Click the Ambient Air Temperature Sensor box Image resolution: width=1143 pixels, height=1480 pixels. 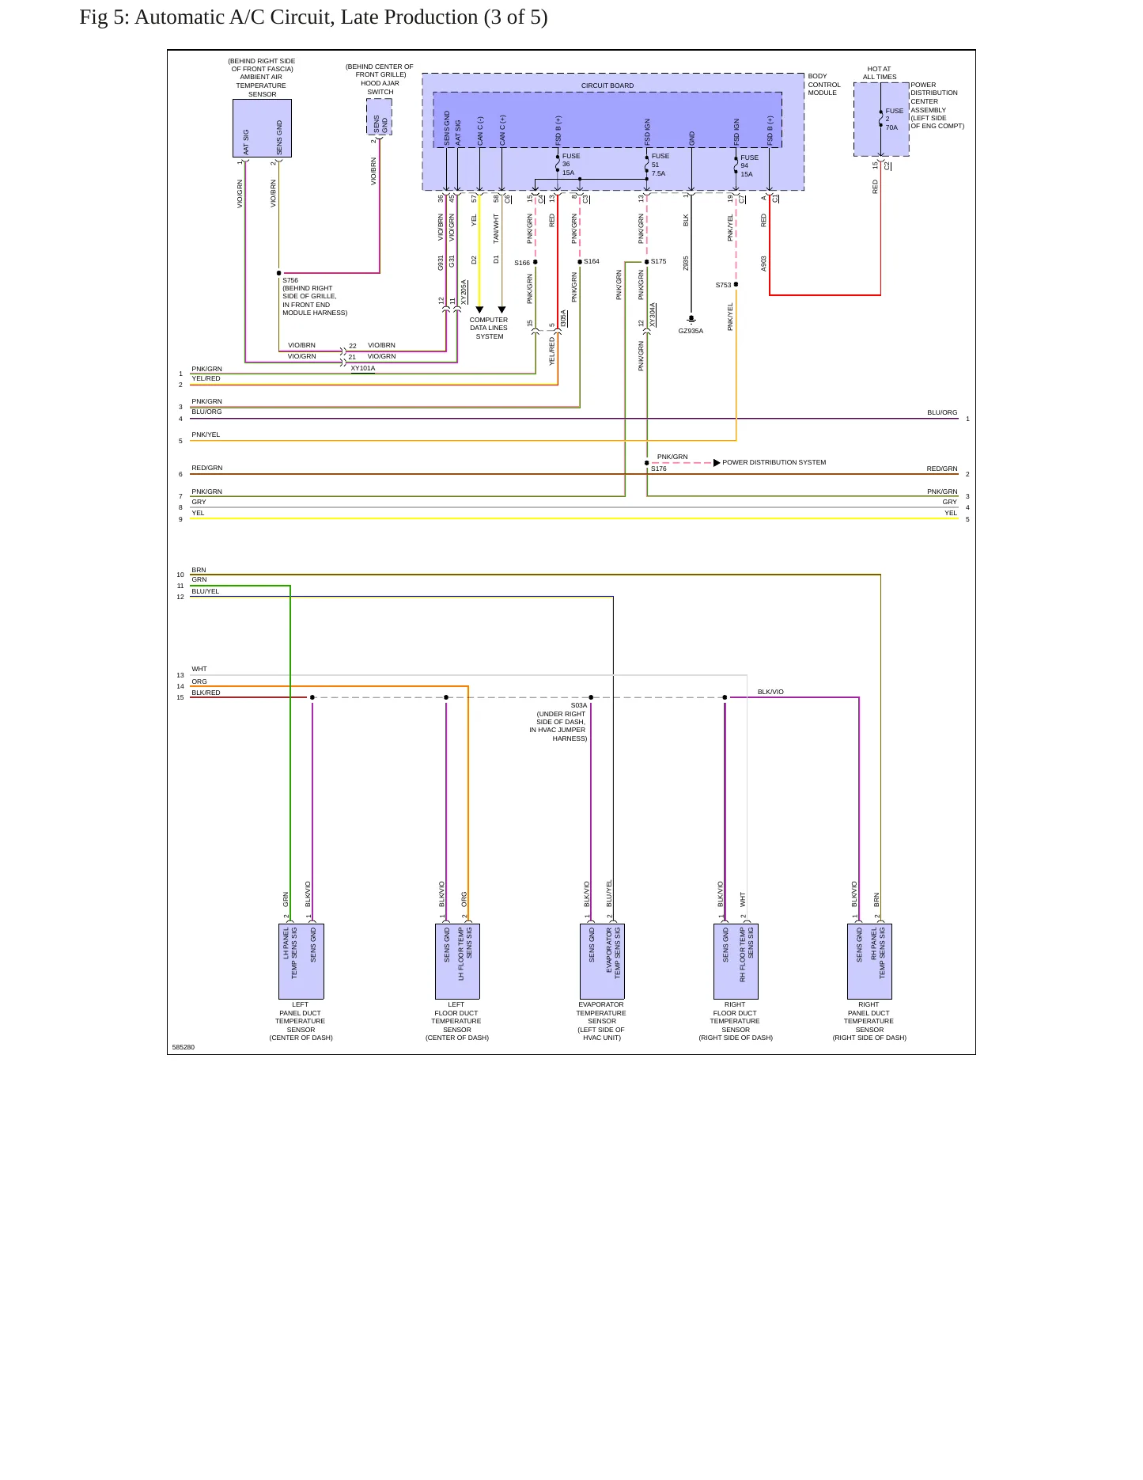262,128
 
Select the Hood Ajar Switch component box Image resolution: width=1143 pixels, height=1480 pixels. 380,117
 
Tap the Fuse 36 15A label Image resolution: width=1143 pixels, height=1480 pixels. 570,165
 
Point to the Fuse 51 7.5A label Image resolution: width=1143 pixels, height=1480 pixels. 659,165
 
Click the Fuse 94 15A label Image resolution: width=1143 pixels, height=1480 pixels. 748,165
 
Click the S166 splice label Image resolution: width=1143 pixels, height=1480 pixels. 522,263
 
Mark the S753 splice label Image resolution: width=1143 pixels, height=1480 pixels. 723,285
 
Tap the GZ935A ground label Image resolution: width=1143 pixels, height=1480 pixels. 691,331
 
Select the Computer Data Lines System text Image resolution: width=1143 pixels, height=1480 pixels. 489,328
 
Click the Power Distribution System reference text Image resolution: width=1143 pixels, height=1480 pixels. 774,462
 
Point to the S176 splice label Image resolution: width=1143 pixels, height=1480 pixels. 659,469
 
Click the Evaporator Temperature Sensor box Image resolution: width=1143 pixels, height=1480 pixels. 602,962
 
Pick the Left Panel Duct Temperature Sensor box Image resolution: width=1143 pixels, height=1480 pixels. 301,962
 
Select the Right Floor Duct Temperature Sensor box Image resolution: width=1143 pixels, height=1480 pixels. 736,962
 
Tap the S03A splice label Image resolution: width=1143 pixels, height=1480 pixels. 579,705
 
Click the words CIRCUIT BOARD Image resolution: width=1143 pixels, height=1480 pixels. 607,85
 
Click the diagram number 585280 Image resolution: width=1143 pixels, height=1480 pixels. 183,1047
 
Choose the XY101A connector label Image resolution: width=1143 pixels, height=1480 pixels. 363,368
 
